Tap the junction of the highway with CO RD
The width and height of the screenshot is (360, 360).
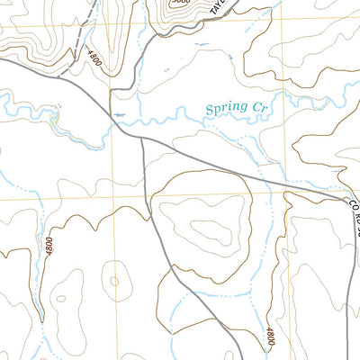pos(345,199)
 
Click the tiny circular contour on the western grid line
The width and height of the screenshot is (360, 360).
pos(113,278)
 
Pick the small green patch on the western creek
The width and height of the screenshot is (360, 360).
pos(56,118)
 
